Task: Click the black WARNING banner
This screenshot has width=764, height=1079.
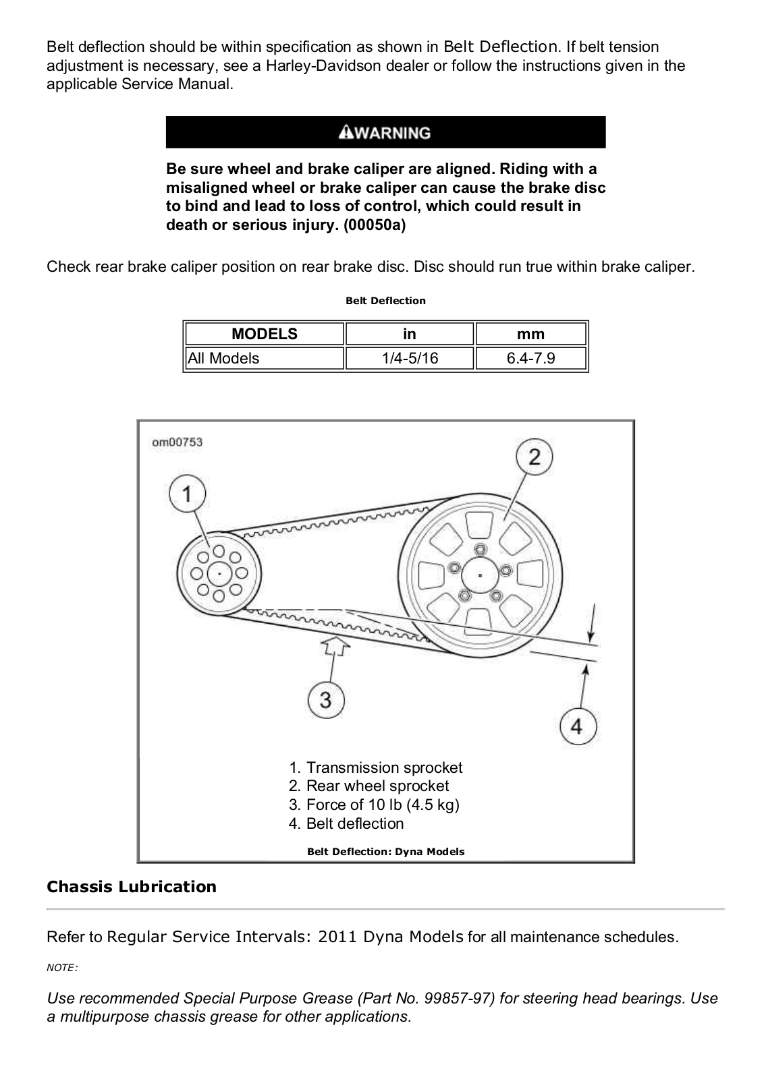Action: [x=385, y=132]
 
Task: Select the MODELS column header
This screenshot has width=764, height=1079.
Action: [x=264, y=334]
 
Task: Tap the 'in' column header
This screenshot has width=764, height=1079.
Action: [x=410, y=334]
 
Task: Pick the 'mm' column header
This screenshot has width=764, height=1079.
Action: [x=531, y=334]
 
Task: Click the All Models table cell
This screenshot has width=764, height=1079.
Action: [x=264, y=358]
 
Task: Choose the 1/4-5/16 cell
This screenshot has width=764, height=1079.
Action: [x=410, y=358]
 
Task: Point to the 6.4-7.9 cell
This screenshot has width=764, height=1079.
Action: [x=531, y=358]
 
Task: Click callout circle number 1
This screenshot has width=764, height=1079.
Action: [x=187, y=494]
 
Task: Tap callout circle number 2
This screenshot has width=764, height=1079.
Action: [x=534, y=458]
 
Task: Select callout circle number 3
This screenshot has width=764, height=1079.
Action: [x=326, y=699]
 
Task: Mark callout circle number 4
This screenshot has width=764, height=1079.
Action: [x=576, y=726]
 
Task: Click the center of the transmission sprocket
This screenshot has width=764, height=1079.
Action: [x=219, y=574]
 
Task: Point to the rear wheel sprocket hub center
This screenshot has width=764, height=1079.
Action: [x=480, y=575]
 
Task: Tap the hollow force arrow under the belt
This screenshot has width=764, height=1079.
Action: [x=335, y=646]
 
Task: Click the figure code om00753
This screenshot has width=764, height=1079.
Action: [x=177, y=442]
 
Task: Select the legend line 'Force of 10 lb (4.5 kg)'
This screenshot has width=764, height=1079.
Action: [x=375, y=805]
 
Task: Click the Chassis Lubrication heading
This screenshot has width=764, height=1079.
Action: [x=132, y=887]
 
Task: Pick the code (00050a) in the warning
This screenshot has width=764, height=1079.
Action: [x=375, y=225]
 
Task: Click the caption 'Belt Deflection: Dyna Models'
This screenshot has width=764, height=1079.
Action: [x=385, y=851]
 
